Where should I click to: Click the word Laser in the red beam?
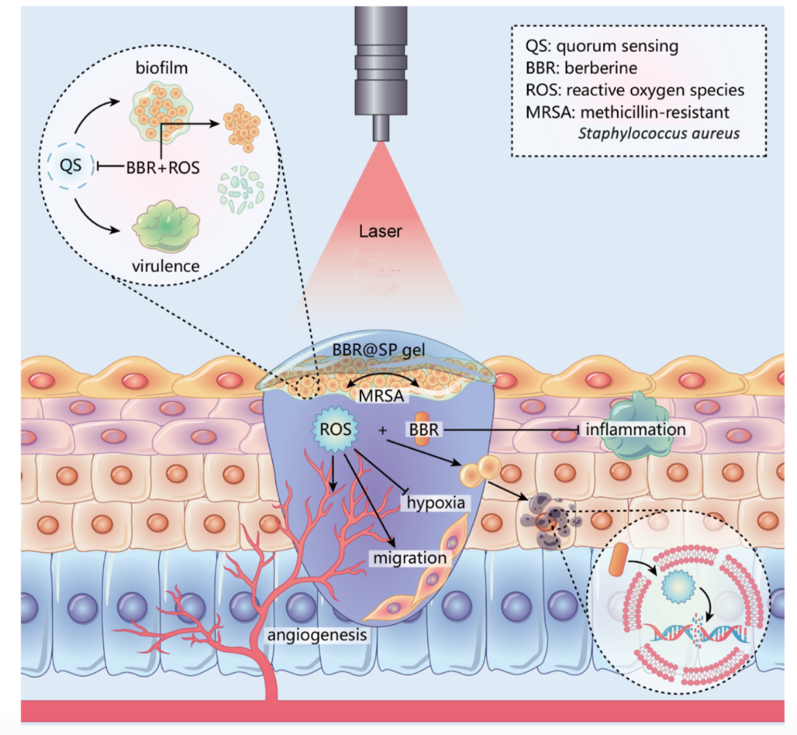pos(380,231)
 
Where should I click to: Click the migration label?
pos(409,556)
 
